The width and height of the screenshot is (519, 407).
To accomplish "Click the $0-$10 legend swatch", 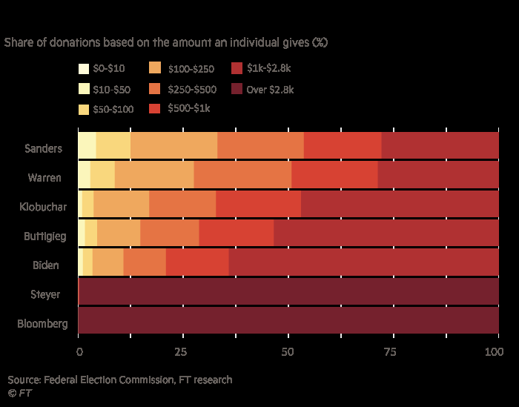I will coord(85,69).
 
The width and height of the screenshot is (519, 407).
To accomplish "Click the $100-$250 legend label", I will coord(191,70).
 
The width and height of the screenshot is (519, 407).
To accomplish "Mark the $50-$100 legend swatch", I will coord(85,110).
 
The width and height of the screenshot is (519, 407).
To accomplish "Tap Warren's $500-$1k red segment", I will coord(334,174).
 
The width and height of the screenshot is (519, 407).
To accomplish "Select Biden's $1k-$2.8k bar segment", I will coord(363,262).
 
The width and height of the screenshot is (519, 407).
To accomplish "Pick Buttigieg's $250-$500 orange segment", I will coord(170,233).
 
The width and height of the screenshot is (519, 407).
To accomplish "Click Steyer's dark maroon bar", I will coord(288,291).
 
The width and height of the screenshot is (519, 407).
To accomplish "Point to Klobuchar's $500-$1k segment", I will coord(258,204).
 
